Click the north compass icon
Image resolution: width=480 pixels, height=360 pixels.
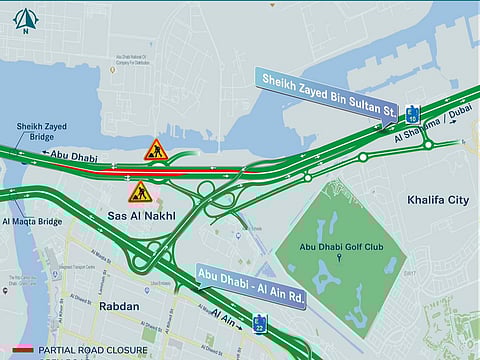pyautogui.click(x=25, y=18)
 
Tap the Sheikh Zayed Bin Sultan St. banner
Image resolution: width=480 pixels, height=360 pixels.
pyautogui.click(x=328, y=89)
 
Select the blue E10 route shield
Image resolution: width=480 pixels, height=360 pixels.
pyautogui.click(x=412, y=114)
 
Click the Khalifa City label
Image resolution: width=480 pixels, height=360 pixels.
pyautogui.click(x=438, y=200)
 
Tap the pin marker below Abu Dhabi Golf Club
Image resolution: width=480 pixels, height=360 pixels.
pyautogui.click(x=338, y=257)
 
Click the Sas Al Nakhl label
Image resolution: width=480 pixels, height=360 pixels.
pyautogui.click(x=141, y=216)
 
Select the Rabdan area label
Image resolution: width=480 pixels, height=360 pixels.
pyautogui.click(x=120, y=307)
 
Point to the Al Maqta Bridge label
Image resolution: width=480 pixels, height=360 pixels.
pyautogui.click(x=32, y=221)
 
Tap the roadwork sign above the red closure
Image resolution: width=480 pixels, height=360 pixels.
pyautogui.click(x=155, y=151)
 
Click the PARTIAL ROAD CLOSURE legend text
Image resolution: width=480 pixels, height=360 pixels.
pyautogui.click(x=95, y=351)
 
